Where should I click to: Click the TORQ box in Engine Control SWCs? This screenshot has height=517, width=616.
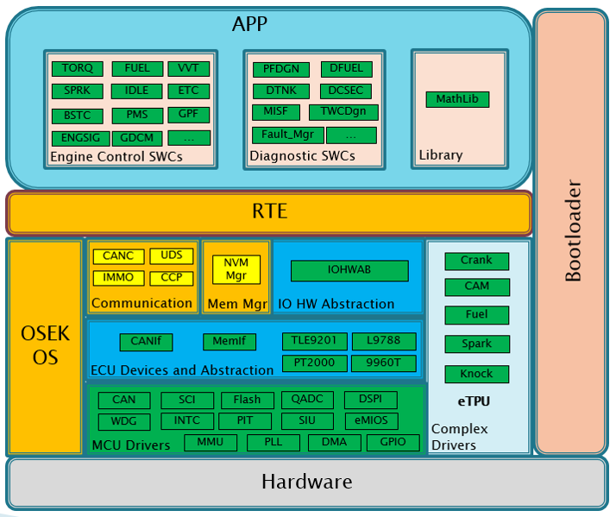[x=78, y=68]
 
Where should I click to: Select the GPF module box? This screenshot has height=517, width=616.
[x=188, y=114]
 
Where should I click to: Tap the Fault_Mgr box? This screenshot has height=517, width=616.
[x=287, y=135]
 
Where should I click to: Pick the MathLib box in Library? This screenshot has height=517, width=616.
[x=456, y=99]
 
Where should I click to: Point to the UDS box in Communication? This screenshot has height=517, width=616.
[x=171, y=256]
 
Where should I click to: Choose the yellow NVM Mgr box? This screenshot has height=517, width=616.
[x=236, y=269]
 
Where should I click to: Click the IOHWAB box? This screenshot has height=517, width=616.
[x=349, y=270]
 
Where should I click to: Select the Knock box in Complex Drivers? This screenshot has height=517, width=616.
[x=476, y=374]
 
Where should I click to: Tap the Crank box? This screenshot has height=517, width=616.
[x=476, y=261]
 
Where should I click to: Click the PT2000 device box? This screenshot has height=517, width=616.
[x=314, y=363]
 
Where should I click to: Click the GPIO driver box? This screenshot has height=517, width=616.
[x=392, y=443]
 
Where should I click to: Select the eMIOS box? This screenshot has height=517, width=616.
[x=370, y=421]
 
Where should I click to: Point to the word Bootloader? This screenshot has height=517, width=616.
[x=573, y=230]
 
